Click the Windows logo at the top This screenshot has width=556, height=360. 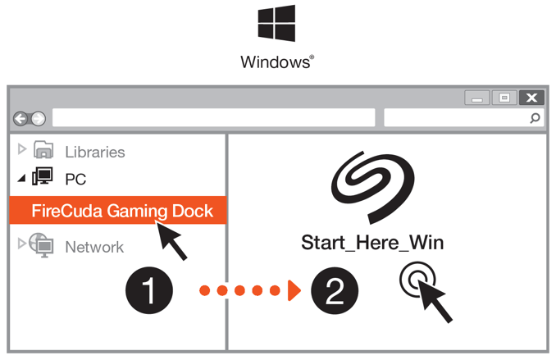(276, 24)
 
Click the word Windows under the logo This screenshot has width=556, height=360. (276, 62)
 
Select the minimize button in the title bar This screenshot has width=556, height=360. (477, 98)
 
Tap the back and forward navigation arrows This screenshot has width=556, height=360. (29, 119)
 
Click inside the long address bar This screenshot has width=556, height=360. (213, 118)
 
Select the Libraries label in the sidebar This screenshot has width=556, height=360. (95, 152)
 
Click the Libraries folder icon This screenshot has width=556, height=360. (44, 150)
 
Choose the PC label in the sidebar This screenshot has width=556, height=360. (75, 179)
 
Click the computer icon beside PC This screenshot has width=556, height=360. (43, 177)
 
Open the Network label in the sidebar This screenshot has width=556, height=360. (94, 247)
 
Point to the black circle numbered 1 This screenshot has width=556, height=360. (148, 291)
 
